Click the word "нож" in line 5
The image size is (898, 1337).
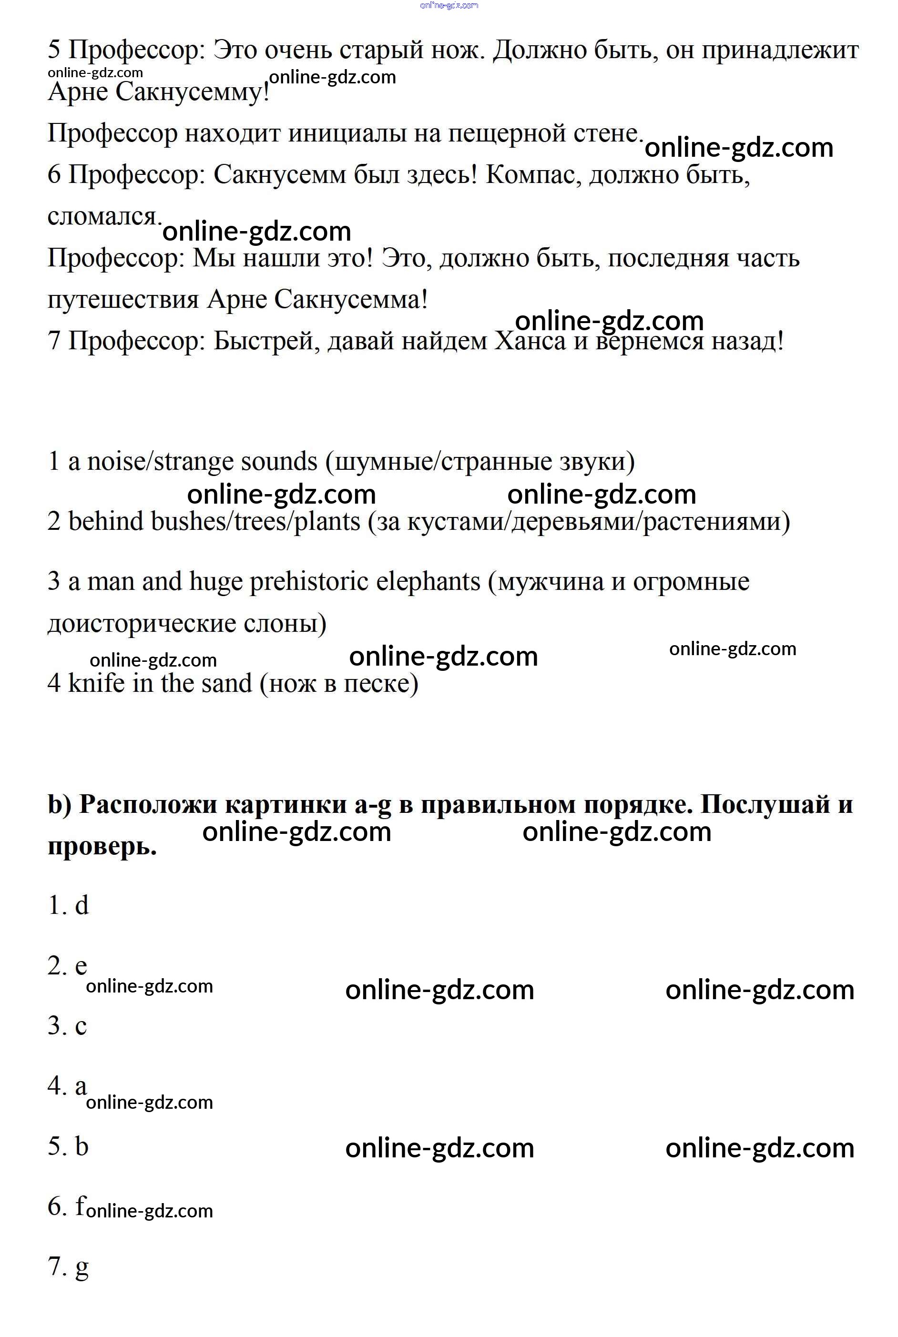[x=457, y=51]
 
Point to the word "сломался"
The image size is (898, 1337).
[x=102, y=216]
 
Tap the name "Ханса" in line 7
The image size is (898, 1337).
[x=529, y=341]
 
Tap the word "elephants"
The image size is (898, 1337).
[x=428, y=581]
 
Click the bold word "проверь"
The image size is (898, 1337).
[x=102, y=846]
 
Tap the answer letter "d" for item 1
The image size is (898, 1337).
[x=82, y=905]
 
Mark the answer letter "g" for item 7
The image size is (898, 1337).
[x=82, y=1268]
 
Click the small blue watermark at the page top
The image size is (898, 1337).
[x=449, y=6]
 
